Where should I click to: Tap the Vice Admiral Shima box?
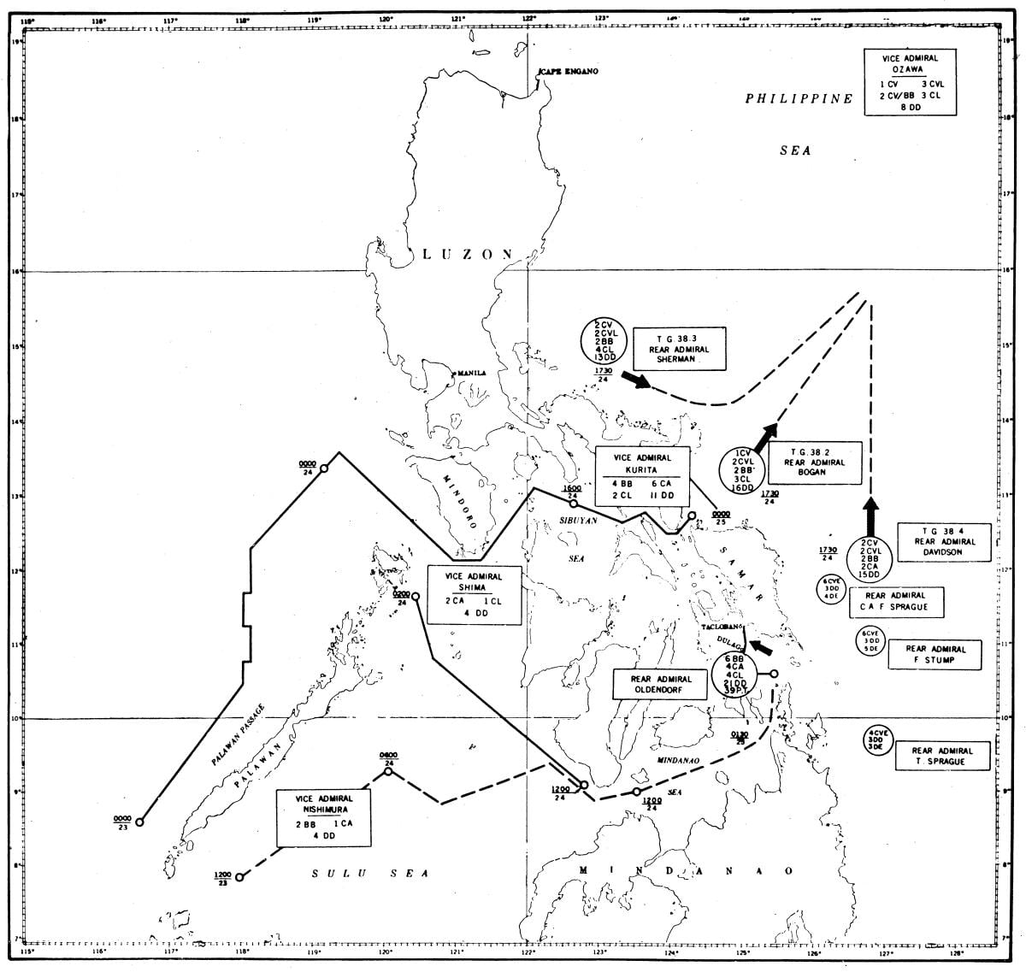pos(473,594)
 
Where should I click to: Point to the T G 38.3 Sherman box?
pos(680,348)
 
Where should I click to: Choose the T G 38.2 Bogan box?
pos(807,461)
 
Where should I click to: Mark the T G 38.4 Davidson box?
pos(944,541)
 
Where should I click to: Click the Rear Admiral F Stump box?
pos(932,655)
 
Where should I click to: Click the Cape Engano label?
pos(567,72)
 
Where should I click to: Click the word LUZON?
pos(469,255)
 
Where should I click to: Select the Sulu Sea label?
pos(369,873)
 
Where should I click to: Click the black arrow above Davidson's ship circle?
pos(870,516)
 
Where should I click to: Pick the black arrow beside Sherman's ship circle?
pos(636,380)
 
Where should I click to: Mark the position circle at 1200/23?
pos(240,877)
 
